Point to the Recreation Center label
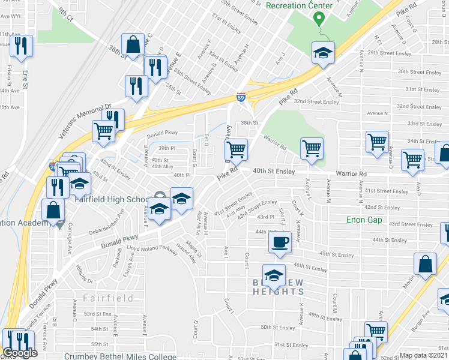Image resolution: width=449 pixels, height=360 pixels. point(298,5)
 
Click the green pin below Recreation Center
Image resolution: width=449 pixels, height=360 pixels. point(319,20)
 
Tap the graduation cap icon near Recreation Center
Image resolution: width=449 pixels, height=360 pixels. point(323,52)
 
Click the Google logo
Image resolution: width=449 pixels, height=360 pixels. point(20,353)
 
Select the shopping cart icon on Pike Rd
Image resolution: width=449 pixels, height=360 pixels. point(237,149)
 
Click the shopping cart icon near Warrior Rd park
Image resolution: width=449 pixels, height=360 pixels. point(312,148)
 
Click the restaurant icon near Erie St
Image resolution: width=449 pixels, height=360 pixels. point(22,46)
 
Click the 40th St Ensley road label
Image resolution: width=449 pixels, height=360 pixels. point(273,171)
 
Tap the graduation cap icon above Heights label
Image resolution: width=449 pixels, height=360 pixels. point(274,275)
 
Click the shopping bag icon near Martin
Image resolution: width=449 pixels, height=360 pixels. point(425,264)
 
